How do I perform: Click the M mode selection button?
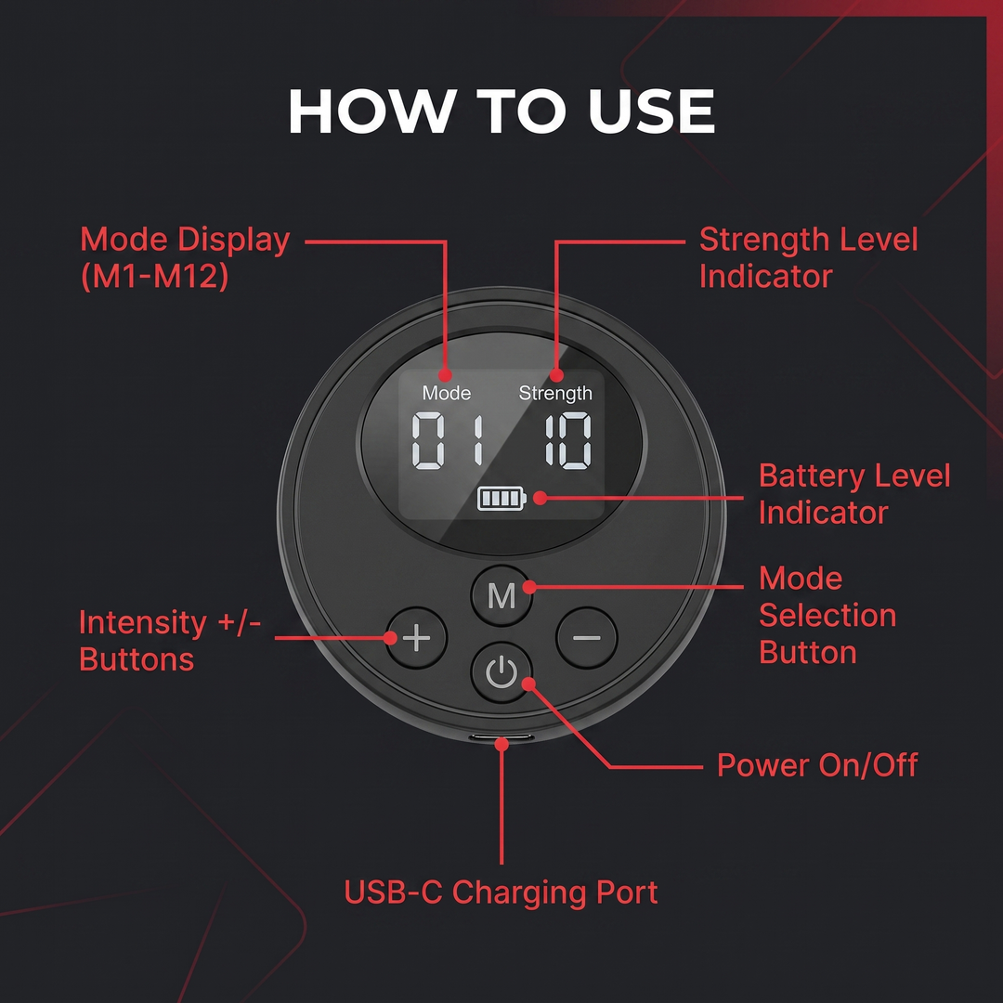point(501,595)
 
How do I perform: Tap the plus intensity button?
point(416,638)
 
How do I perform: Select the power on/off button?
point(501,672)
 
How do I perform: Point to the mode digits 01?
point(447,441)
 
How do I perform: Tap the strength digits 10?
point(568,441)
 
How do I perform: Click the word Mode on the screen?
point(447,393)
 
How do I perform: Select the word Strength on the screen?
point(555,394)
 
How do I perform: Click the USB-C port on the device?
point(502,737)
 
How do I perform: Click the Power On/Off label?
point(817,765)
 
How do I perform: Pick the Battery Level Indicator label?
point(854,494)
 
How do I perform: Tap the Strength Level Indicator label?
point(809,258)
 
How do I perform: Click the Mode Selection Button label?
point(827,616)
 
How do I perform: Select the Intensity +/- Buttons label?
point(170,640)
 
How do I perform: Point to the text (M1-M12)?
point(154,277)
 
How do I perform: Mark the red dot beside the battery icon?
point(540,498)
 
